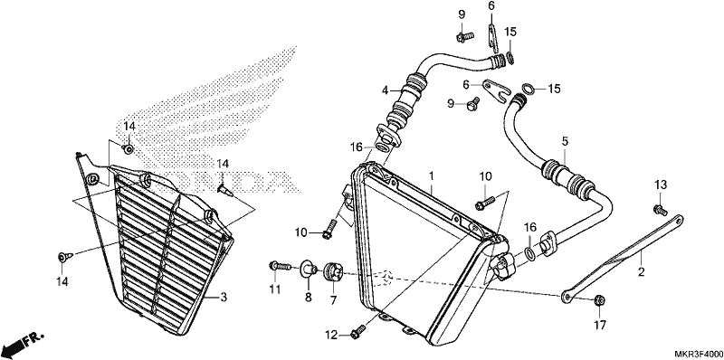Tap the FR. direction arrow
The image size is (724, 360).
point(24,342)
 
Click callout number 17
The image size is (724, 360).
point(599,325)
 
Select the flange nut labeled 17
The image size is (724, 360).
point(600,300)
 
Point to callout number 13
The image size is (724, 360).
point(661,185)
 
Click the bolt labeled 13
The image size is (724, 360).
point(660,210)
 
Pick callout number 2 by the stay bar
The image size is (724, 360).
point(641,272)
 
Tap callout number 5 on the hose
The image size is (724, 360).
point(564,142)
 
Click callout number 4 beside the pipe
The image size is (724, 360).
point(386,90)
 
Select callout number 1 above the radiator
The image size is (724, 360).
point(431,175)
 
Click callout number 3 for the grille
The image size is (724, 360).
point(224,298)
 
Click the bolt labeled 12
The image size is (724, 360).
point(358,330)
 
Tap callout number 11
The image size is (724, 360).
point(275,289)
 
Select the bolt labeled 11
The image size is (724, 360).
point(280,266)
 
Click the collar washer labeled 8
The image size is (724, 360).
point(308,269)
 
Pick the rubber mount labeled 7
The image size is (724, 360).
point(334,271)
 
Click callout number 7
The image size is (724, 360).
point(333,300)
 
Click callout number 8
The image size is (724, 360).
point(308,298)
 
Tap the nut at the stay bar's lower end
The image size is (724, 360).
point(600,300)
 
